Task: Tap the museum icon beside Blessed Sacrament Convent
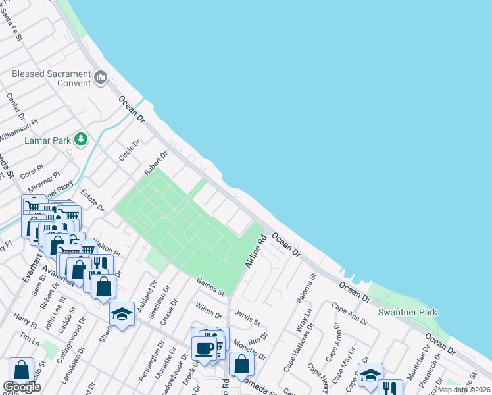point(101,78)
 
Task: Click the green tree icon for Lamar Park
point(81,139)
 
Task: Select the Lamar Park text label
point(48,140)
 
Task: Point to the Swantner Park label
point(408,311)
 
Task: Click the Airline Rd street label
point(255,251)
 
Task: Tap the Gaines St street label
point(210,287)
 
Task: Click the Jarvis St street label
point(248,318)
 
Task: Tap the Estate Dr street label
point(92,199)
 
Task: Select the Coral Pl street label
point(31,172)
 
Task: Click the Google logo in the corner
point(21,387)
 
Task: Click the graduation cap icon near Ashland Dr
point(122,314)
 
